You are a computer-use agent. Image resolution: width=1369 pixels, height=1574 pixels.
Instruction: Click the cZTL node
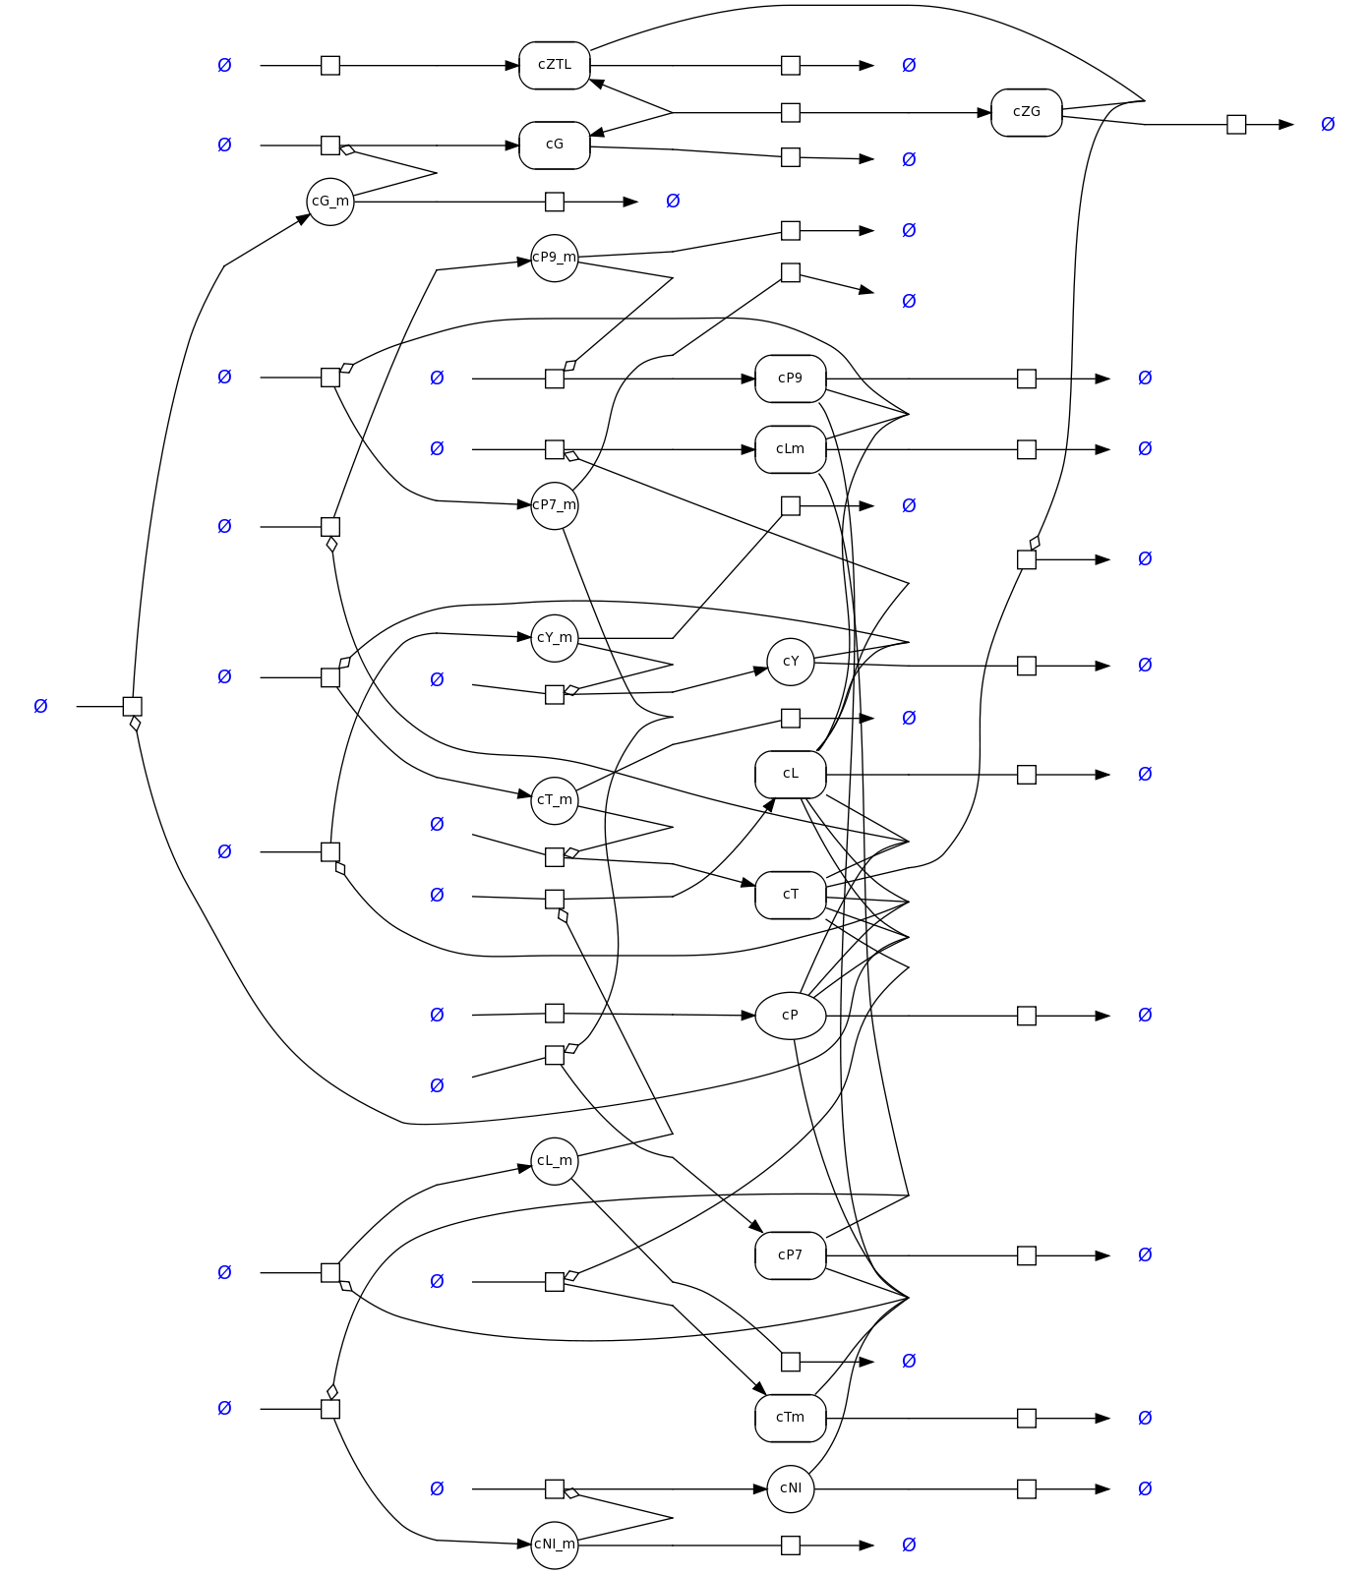tap(555, 65)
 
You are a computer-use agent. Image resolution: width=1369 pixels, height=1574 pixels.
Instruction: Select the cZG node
tap(1026, 112)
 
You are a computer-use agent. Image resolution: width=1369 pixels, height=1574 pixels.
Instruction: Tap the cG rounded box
tap(555, 145)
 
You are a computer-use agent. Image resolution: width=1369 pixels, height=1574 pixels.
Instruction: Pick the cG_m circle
tap(330, 202)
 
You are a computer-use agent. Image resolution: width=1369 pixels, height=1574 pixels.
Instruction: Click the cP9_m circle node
tap(555, 258)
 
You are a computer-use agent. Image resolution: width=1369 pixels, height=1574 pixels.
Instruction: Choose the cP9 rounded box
tap(790, 379)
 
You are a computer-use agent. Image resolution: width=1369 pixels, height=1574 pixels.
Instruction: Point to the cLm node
tap(790, 449)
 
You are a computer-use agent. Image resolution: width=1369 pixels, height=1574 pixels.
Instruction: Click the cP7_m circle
tap(555, 505)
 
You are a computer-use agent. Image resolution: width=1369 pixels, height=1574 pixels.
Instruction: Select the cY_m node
tap(555, 638)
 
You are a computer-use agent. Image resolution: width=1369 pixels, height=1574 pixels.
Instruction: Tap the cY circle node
tap(791, 662)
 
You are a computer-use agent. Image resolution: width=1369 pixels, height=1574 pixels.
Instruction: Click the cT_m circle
tap(555, 800)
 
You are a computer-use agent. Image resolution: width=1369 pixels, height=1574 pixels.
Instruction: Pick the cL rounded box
tap(790, 774)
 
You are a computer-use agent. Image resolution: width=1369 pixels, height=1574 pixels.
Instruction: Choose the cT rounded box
tap(790, 895)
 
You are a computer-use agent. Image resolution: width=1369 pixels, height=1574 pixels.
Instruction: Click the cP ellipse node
tap(790, 1016)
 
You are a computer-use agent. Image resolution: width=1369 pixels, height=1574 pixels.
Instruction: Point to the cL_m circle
tap(555, 1161)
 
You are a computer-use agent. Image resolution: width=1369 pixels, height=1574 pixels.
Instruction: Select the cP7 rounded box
tap(790, 1255)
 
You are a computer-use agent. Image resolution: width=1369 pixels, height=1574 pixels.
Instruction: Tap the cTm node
tap(790, 1418)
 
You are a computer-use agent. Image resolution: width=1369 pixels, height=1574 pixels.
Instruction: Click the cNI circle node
tap(791, 1488)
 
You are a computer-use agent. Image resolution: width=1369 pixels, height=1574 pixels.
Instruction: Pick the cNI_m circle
tap(555, 1545)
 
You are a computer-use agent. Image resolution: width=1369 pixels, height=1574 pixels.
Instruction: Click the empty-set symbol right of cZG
tap(1328, 124)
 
